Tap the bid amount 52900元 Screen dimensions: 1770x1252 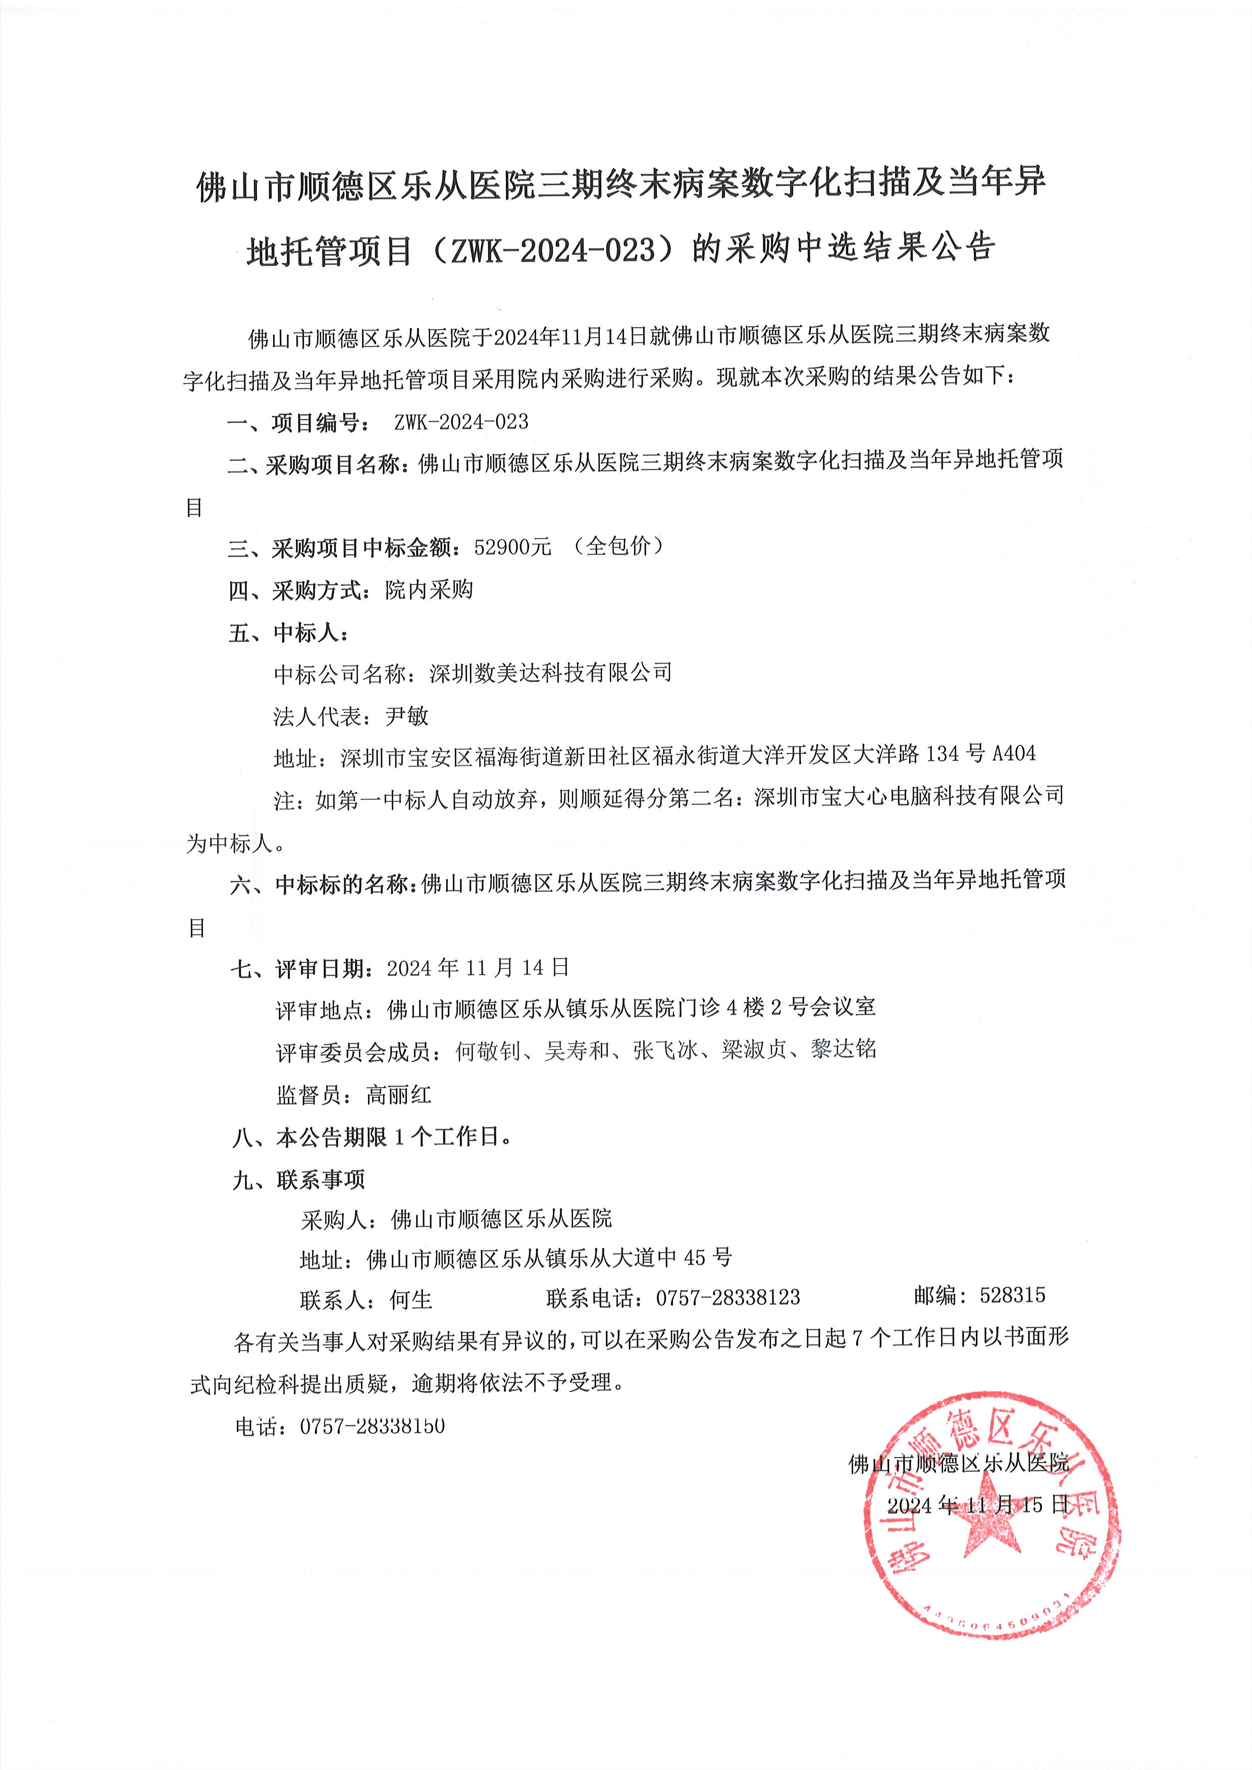pyautogui.click(x=513, y=547)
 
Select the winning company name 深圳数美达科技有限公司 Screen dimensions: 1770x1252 pyautogui.click(x=550, y=673)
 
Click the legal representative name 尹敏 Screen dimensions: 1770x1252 pyautogui.click(x=406, y=716)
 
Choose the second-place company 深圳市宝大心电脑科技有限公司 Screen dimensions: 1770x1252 pyautogui.click(x=909, y=796)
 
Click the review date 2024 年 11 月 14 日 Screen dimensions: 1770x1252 pyautogui.click(x=478, y=968)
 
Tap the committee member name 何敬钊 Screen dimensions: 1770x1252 pyautogui.click(x=488, y=1050)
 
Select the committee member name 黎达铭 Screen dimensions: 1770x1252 pyautogui.click(x=844, y=1049)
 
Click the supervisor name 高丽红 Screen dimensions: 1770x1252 pyautogui.click(x=399, y=1095)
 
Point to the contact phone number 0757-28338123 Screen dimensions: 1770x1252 pyautogui.click(x=728, y=1298)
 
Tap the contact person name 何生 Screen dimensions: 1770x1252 pyautogui.click(x=411, y=1300)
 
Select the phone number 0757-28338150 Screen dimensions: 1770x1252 pyautogui.click(x=373, y=1426)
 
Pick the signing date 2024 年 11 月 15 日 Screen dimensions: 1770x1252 pyautogui.click(x=977, y=1505)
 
